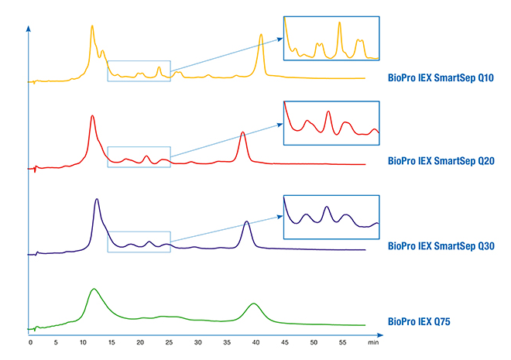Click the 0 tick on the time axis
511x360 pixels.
30,341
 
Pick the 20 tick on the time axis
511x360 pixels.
140,341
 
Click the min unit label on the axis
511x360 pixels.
372,341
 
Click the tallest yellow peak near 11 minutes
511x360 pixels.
92,26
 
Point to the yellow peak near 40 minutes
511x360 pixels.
261,36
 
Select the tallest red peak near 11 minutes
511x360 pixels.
92,116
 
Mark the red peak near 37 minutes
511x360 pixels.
243,133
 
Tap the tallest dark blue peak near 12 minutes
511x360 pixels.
96,200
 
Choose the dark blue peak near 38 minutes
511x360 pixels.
246,222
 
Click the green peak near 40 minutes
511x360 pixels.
255,303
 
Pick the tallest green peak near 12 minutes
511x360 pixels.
94,290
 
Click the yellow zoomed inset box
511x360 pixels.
332,38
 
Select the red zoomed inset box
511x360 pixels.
332,123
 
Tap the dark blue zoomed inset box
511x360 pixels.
332,211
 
